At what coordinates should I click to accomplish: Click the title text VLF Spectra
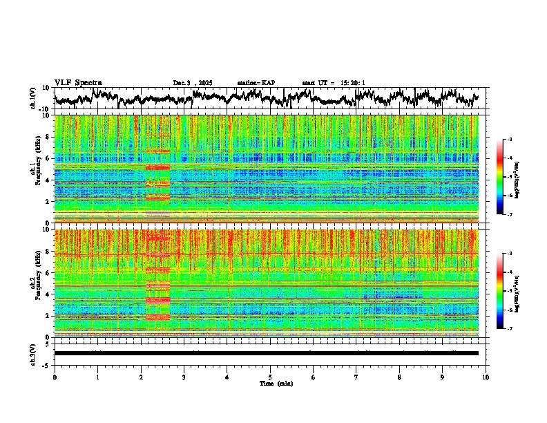(x=78, y=82)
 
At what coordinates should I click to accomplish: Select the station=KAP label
(x=256, y=83)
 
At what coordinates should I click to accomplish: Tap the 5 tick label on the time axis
(x=270, y=377)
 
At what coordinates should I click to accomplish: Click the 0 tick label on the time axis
(x=55, y=377)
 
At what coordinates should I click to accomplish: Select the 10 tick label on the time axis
(x=486, y=377)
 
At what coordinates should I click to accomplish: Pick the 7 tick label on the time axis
(x=356, y=377)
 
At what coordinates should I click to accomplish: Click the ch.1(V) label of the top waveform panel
(x=33, y=98)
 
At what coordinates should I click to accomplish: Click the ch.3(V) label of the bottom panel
(x=33, y=353)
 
